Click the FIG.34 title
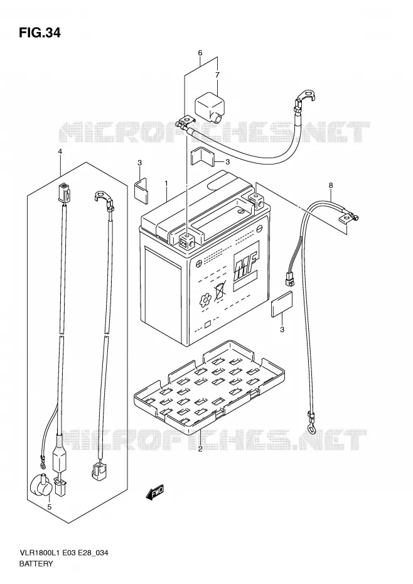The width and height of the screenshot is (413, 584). (x=40, y=33)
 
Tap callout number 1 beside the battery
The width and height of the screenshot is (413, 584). (x=166, y=183)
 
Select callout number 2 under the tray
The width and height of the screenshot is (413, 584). (x=200, y=449)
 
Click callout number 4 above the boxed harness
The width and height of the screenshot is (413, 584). (x=60, y=151)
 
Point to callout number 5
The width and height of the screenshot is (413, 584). (x=49, y=507)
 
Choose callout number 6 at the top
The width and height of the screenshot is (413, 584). (x=200, y=53)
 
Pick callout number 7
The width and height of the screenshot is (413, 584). (x=217, y=75)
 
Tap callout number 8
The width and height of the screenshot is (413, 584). (x=330, y=185)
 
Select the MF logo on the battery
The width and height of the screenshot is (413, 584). (x=245, y=266)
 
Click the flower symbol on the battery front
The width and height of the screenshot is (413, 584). (x=205, y=300)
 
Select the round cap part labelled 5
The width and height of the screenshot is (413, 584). (x=38, y=485)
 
